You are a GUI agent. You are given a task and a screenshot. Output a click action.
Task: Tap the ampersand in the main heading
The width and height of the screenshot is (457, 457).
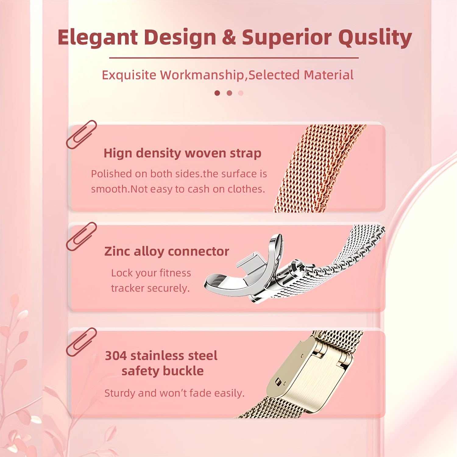(229, 37)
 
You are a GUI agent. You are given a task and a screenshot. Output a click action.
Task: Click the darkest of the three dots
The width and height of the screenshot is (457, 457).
(217, 93)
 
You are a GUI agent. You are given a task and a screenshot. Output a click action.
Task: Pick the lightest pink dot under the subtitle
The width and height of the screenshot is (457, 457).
(241, 93)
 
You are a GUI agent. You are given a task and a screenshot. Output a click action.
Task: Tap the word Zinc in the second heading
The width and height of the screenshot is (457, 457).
(117, 252)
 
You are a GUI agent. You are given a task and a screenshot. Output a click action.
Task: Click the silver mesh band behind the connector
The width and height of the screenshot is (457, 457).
(350, 253)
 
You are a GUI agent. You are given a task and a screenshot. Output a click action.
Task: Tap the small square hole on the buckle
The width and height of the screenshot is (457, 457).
(278, 381)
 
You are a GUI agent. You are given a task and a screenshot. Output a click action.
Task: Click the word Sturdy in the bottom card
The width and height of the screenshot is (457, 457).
(119, 393)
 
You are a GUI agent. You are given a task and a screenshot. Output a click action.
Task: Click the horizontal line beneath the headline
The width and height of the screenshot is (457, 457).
(234, 58)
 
